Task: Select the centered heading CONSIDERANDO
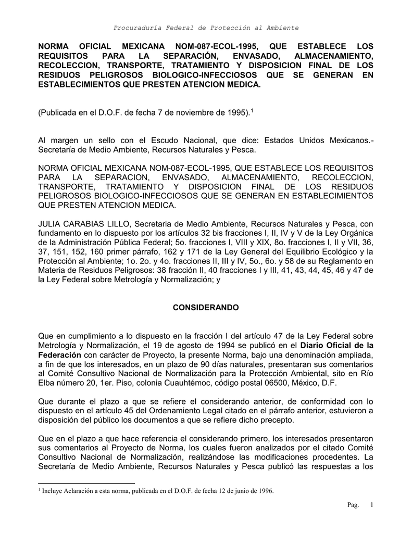206,308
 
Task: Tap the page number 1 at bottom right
372,505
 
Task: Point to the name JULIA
51,224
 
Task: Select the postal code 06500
278,383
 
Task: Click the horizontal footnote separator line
86,483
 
